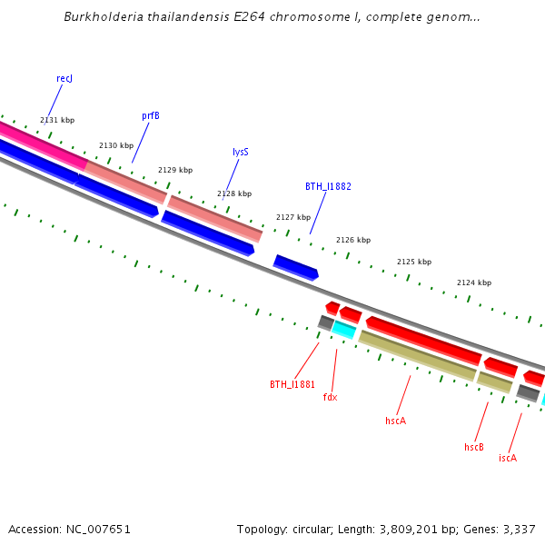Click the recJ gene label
click(x=64, y=79)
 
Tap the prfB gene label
click(x=151, y=116)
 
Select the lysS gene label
click(x=241, y=153)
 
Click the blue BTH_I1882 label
click(x=328, y=186)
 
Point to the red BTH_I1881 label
click(x=292, y=384)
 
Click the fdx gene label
click(x=330, y=397)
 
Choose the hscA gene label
click(x=395, y=421)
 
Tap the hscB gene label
click(x=474, y=447)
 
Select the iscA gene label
click(x=508, y=458)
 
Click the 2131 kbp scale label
click(x=57, y=120)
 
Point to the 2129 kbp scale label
click(x=175, y=170)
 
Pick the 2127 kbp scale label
click(x=293, y=217)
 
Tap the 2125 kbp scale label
click(x=413, y=262)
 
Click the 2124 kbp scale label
click(x=473, y=282)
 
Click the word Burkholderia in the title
click(x=103, y=17)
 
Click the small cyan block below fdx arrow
click(x=344, y=329)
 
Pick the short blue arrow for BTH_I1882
click(x=296, y=267)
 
